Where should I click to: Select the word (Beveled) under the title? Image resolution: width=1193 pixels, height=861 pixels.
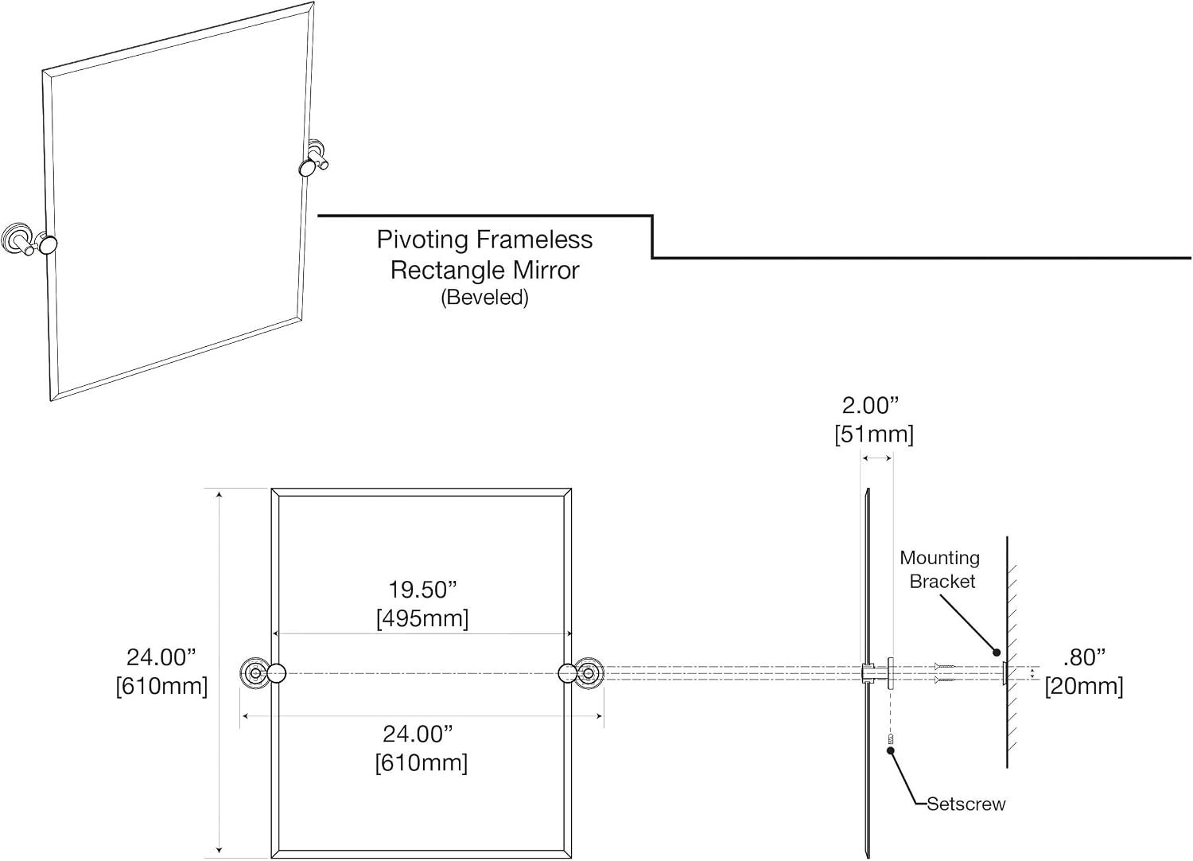tap(484, 298)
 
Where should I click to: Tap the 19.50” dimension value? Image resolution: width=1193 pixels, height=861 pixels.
tap(422, 590)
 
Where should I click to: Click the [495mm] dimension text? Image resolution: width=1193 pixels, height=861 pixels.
tap(422, 618)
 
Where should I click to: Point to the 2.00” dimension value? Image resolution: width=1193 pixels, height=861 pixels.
tap(870, 406)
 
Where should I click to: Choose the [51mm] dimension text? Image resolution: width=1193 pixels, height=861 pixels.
tap(874, 434)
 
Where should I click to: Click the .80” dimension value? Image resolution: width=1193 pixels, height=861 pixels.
tap(1084, 657)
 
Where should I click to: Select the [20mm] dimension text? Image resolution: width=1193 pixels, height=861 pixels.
tap(1084, 686)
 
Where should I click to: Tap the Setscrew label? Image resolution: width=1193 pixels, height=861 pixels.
tap(966, 804)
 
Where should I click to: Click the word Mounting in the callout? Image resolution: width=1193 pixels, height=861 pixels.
tap(939, 558)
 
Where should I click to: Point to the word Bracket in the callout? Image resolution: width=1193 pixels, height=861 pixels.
tap(942, 581)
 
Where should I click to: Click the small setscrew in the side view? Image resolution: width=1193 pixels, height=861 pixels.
tap(890, 739)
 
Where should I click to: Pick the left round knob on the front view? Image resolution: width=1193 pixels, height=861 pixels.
tap(277, 673)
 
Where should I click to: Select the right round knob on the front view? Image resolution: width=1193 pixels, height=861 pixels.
tap(568, 673)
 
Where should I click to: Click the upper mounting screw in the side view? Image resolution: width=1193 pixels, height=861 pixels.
tap(945, 667)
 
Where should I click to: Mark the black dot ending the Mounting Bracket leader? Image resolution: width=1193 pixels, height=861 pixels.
tap(997, 653)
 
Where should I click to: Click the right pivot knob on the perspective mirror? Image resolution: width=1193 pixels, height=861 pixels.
tap(308, 168)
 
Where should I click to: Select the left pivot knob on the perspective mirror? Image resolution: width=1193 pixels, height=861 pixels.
tap(48, 245)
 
